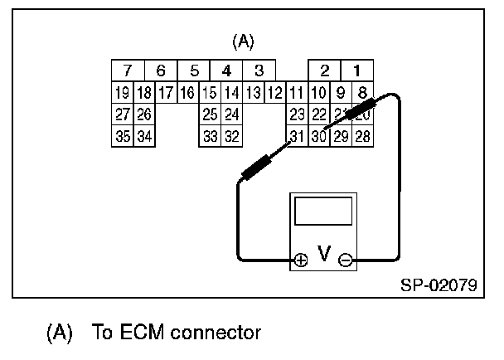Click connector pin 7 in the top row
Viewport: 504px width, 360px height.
tap(128, 71)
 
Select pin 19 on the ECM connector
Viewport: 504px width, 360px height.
tap(122, 93)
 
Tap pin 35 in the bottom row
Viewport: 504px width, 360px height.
tap(122, 136)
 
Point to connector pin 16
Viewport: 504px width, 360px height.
tap(187, 93)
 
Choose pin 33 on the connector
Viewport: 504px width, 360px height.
tap(210, 136)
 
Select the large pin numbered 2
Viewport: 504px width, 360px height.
tap(325, 71)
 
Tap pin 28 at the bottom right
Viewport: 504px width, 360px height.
tap(362, 136)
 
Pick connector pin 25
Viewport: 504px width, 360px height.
tap(210, 114)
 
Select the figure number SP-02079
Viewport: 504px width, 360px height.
tap(438, 284)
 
